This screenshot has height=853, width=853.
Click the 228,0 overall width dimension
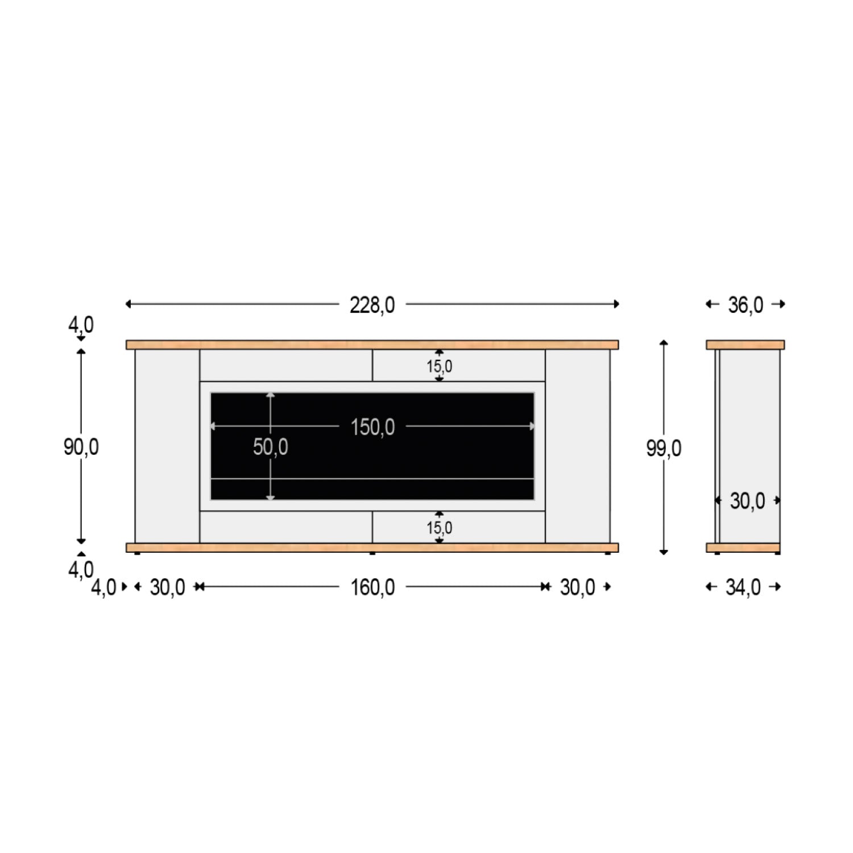coord(372,305)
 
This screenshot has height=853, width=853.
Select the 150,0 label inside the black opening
coord(372,427)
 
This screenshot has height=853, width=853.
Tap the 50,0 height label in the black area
coord(271,448)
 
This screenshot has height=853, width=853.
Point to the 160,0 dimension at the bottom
coord(372,587)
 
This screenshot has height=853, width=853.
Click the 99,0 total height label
coord(664,449)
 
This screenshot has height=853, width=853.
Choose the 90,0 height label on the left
coord(81,448)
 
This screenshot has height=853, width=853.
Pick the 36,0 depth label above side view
coord(746,305)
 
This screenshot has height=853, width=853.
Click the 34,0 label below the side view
coord(743,587)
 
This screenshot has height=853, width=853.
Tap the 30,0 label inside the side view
coord(747,501)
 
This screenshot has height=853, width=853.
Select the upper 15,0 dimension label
coord(440,367)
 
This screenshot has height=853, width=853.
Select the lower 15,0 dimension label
coord(440,528)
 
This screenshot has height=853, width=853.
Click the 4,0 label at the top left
coord(81,325)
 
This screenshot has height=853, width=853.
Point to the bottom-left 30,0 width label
coord(167,587)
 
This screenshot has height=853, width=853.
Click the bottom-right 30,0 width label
coord(577,587)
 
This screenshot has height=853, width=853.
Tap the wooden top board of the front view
coord(372,345)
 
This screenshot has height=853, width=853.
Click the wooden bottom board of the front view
coord(372,548)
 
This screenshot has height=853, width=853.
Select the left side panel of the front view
coord(167,446)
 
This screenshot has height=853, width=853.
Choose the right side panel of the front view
coord(577,446)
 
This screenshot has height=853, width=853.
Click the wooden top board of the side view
coord(745,345)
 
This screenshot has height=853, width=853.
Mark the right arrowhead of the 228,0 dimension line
coord(616,304)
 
